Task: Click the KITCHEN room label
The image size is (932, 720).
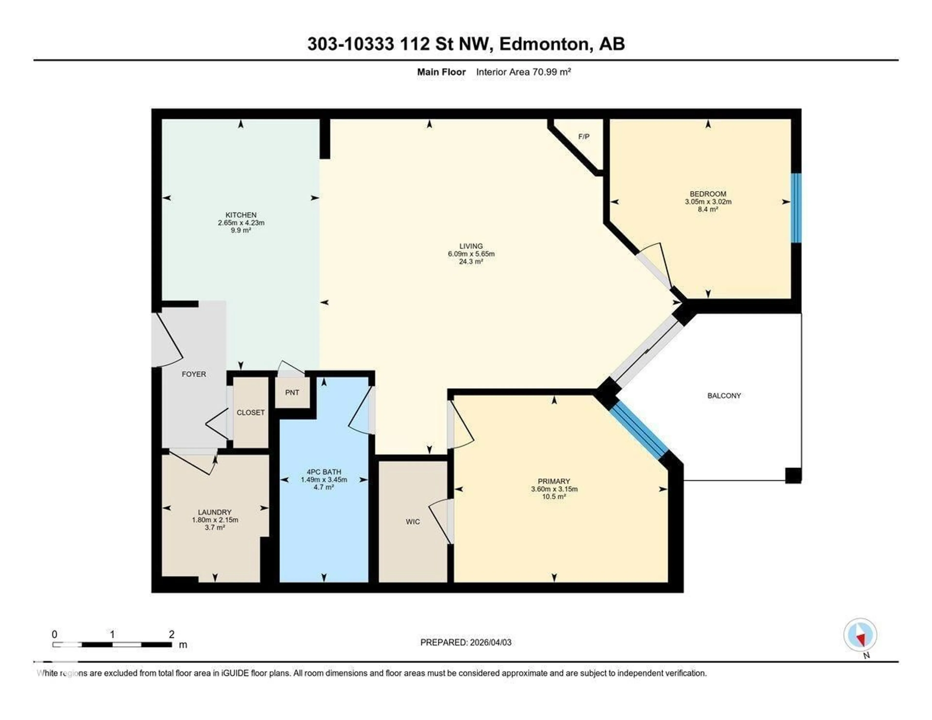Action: (x=241, y=215)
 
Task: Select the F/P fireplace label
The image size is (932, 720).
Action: (x=583, y=137)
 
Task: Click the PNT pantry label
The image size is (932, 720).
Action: (x=292, y=392)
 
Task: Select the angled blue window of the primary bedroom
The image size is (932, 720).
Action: (x=639, y=431)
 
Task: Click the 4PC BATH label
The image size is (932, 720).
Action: (x=324, y=472)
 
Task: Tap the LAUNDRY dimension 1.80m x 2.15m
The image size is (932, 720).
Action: (x=215, y=520)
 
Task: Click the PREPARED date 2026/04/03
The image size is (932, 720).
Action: (x=490, y=642)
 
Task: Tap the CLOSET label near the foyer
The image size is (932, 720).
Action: (x=250, y=412)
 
